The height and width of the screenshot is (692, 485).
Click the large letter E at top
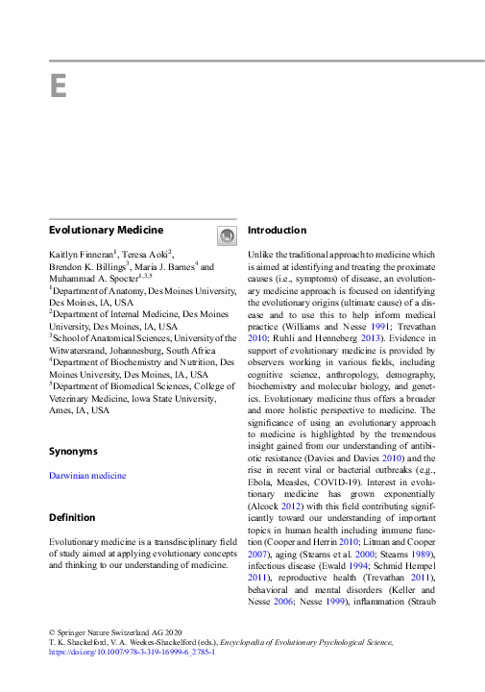pos(59,86)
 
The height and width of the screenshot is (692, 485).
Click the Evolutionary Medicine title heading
pos(106,231)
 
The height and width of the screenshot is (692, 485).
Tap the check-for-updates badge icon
pos(227,235)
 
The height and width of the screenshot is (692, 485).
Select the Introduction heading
pos(277,231)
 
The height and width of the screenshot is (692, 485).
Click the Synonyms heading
pos(73,451)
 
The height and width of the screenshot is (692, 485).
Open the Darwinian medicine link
pos(87,476)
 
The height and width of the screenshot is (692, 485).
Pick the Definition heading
pos(73,518)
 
